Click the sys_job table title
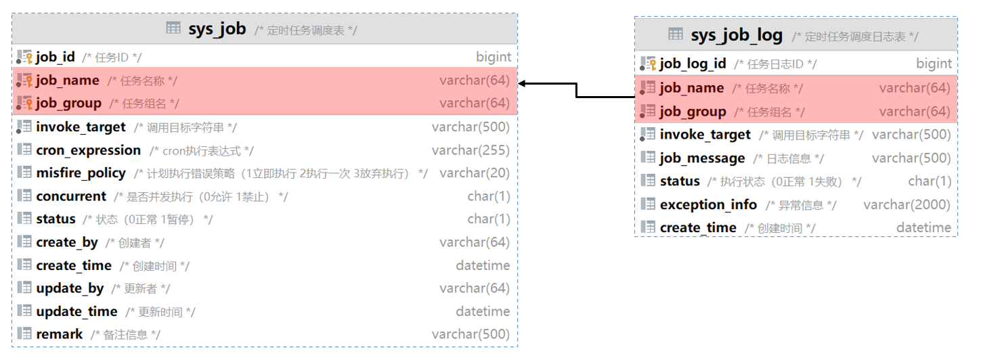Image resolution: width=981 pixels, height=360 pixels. click(x=217, y=29)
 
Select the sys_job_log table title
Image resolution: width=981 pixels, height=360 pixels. click(x=737, y=35)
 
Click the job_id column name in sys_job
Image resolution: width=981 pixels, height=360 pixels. click(x=56, y=58)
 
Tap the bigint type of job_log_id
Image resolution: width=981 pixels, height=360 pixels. click(x=934, y=64)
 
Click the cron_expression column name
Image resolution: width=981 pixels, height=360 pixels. click(x=88, y=150)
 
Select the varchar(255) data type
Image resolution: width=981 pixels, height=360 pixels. click(x=471, y=150)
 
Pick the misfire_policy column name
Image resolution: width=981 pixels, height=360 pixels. click(x=81, y=173)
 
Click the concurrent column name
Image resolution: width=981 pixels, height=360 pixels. click(x=71, y=196)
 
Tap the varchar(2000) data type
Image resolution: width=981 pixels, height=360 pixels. click(x=907, y=204)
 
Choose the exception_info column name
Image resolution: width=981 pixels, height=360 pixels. click(x=708, y=204)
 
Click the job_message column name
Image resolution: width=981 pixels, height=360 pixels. click(x=702, y=158)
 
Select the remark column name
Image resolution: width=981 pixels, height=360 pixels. click(x=59, y=334)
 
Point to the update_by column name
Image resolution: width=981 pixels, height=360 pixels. click(x=70, y=288)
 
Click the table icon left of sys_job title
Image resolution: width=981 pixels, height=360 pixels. click(x=173, y=28)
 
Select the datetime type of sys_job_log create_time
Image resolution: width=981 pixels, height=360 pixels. click(x=923, y=227)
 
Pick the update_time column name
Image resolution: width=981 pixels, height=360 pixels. click(x=77, y=311)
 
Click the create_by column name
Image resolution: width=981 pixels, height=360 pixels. click(x=67, y=242)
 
